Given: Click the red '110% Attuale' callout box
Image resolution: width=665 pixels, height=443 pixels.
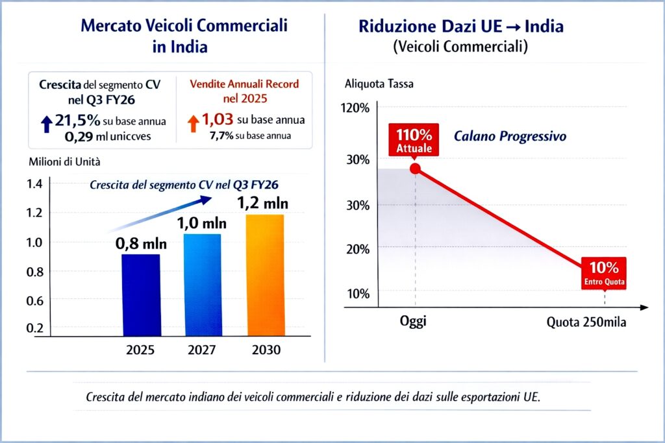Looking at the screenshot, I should click(x=414, y=140).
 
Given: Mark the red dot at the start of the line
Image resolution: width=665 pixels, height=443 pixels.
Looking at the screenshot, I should click(x=415, y=169).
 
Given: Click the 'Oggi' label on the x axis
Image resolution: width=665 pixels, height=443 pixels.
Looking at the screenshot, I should click(x=414, y=322).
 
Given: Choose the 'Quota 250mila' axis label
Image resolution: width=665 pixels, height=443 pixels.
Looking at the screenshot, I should click(x=586, y=322).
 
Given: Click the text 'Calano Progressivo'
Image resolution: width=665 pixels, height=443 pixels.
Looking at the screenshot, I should click(x=510, y=137).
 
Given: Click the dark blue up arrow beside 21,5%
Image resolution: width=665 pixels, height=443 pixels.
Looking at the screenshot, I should click(x=46, y=123).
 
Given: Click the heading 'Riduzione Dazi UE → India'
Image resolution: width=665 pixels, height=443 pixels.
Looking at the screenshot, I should click(x=461, y=27).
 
